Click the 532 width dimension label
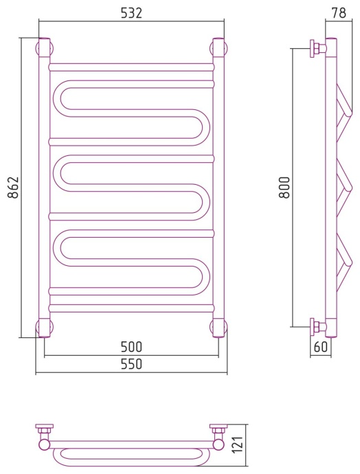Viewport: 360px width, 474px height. [131, 13]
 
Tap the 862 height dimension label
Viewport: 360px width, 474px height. [13, 188]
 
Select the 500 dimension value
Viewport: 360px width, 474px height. [131, 347]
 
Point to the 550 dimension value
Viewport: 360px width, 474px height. [131, 364]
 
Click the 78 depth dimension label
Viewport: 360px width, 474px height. [339, 13]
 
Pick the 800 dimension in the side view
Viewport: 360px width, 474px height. [284, 188]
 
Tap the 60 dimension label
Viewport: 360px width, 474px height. [321, 347]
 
